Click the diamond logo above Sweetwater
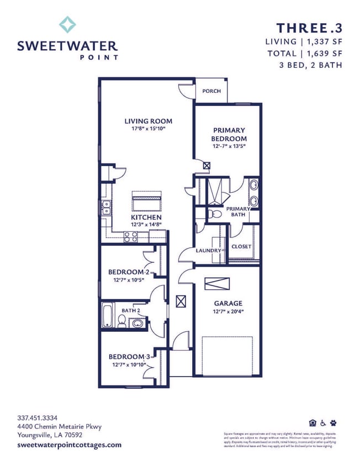pos(68,25)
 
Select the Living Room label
pos(148,121)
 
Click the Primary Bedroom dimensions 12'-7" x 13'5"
pos(229,147)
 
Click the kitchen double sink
pos(105,208)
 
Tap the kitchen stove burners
pos(130,236)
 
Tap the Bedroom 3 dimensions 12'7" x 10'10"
pos(129,364)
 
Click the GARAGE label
pos(228,303)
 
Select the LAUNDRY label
pos(208,251)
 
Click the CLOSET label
pos(241,246)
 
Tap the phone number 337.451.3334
pos(38,417)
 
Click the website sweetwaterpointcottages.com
pos(69,444)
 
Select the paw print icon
pos(333,423)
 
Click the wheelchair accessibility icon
pos(323,423)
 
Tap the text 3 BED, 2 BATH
pos(311,65)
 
